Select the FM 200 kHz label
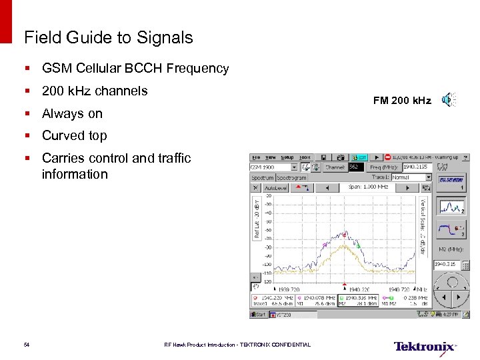click(402, 101)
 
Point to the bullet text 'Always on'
click(72, 113)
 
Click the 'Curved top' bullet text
click(74, 135)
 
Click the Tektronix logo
click(425, 346)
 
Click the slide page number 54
click(26, 345)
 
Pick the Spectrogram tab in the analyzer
click(292, 178)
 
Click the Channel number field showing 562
click(357, 167)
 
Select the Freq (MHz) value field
click(417, 167)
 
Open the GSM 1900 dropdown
click(273, 167)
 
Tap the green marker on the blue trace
click(358, 246)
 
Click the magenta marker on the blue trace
click(325, 245)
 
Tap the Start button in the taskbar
click(259, 313)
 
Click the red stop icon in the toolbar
click(387, 158)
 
